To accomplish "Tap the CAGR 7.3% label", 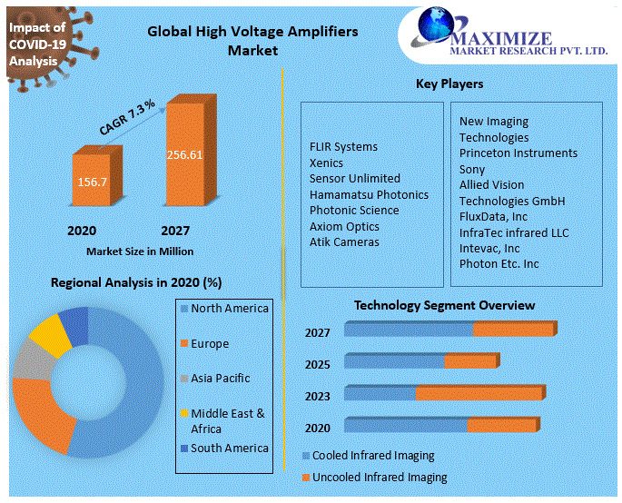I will tap(127, 119).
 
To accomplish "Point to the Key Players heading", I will tap(449, 84).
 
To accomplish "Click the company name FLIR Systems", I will tap(343, 146).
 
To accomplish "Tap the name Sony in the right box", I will tap(472, 169).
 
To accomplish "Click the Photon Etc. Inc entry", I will tap(499, 263).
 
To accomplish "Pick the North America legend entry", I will tap(229, 309).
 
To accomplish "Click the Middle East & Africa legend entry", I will tap(227, 420).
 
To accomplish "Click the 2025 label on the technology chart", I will tap(318, 364).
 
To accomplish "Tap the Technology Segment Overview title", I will tap(444, 305).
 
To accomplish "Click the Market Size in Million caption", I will tap(140, 251).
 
